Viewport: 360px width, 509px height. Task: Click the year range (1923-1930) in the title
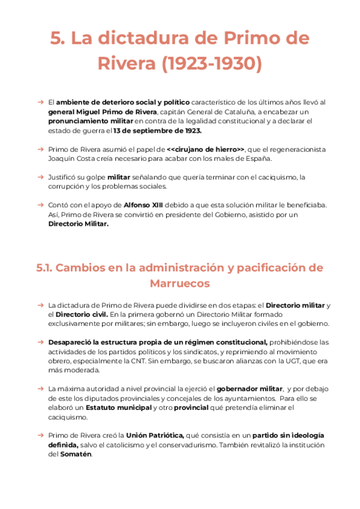coord(212,62)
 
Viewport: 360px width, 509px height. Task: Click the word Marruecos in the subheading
coord(179,283)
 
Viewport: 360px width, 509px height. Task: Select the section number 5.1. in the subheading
coord(47,267)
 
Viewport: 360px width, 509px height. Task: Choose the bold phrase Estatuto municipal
coord(118,408)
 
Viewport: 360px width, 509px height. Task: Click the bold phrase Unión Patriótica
coord(155,436)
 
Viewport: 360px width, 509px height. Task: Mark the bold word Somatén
coord(77,454)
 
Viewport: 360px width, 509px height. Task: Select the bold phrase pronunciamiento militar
coord(89,121)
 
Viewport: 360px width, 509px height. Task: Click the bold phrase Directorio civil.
coord(82,314)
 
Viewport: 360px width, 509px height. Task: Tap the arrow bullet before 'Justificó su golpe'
coord(40,178)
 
